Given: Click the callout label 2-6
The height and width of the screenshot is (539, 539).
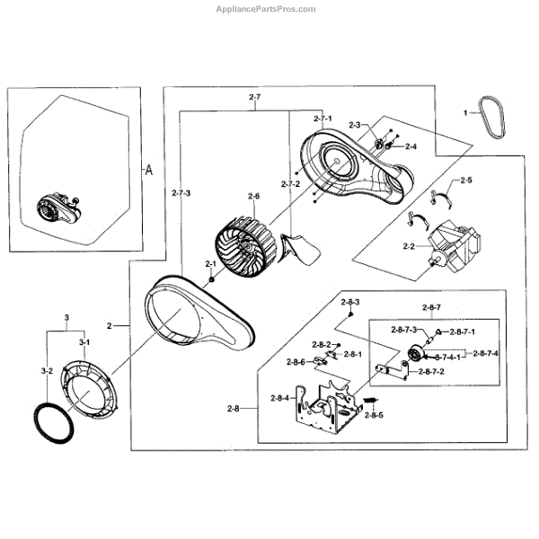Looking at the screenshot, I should pos(253,197).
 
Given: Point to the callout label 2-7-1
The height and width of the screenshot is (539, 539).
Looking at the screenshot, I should pos(323,118).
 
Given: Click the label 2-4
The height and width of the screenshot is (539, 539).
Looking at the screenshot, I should pos(411,146).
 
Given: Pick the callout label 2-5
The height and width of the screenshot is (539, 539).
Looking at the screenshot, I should pos(465,181).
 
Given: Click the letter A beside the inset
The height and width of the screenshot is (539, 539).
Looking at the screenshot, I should pos(149,168).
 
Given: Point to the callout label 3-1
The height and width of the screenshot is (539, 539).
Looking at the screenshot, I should pos(84,343).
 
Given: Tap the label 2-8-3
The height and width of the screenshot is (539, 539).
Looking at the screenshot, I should pos(351,303).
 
